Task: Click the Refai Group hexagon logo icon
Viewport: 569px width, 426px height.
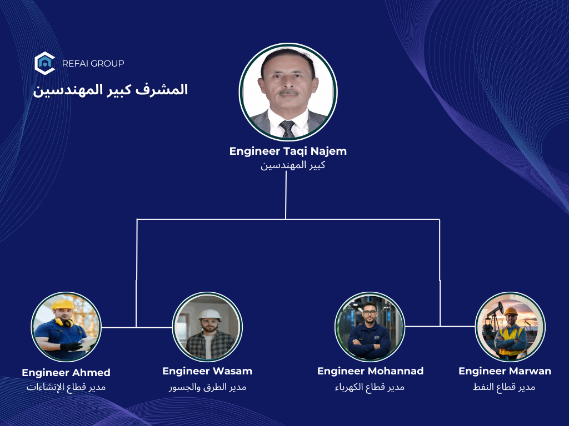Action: (x=44, y=63)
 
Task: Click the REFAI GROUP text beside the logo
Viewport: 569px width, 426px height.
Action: (x=93, y=63)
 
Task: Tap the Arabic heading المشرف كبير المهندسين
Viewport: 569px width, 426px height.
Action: (x=111, y=90)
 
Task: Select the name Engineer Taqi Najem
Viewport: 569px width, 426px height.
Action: (x=288, y=151)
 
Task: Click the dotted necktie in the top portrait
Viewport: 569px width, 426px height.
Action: (x=288, y=129)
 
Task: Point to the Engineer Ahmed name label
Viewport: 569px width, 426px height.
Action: (x=66, y=373)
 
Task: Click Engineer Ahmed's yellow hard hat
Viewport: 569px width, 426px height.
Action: (x=63, y=305)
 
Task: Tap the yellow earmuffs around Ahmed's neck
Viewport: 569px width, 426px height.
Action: (x=64, y=322)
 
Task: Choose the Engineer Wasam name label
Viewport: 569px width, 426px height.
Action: (x=207, y=371)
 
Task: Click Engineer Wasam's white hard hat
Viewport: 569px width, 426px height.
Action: (x=209, y=315)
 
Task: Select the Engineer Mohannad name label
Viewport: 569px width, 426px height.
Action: (x=370, y=371)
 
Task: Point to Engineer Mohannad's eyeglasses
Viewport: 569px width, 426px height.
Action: (x=370, y=313)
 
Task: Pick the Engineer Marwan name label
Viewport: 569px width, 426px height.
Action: (x=505, y=371)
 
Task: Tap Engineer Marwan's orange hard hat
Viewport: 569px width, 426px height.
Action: (x=511, y=311)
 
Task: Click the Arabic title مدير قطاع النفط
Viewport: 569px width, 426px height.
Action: (x=504, y=387)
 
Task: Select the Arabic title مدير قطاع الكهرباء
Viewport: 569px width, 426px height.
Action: (x=370, y=387)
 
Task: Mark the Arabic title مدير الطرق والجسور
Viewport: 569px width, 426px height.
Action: (x=207, y=387)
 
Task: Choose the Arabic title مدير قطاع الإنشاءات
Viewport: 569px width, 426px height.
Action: (x=66, y=387)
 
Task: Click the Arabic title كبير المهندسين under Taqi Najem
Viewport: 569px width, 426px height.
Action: (x=293, y=165)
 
